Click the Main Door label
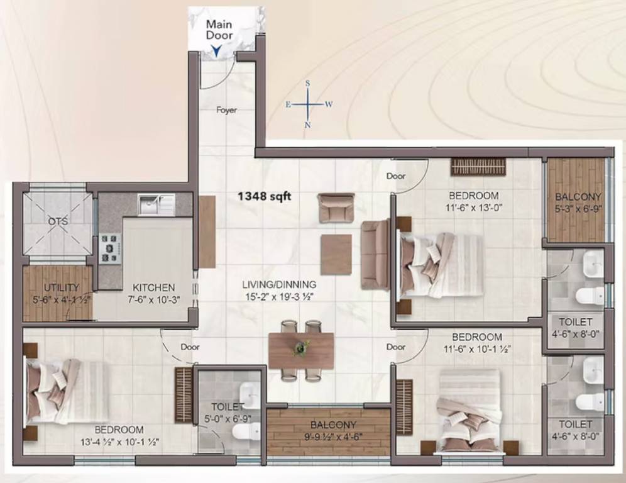220,30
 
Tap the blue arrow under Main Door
216,52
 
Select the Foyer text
227,110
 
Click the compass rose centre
308,104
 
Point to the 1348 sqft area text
264,196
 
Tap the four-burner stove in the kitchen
110,247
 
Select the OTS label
58,221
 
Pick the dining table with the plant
301,350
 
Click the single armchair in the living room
336,207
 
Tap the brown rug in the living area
336,254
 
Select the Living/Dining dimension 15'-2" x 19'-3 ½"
280,296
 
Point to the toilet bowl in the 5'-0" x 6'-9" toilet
246,431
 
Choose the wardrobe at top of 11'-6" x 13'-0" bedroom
478,166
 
